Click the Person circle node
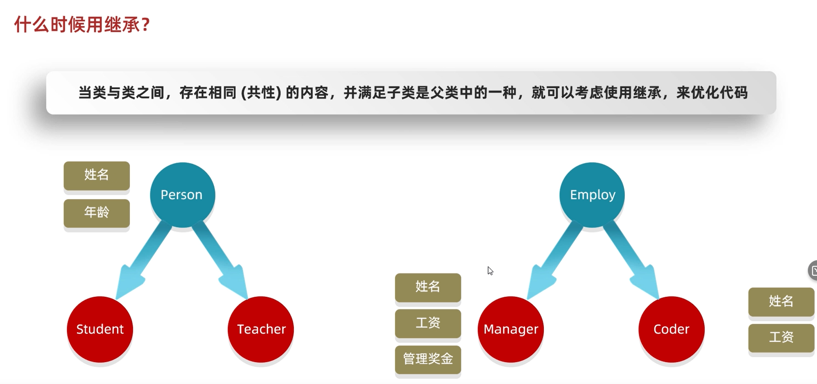coord(182,195)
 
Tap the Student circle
coord(100,329)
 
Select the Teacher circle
coord(261,329)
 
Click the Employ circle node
coord(592,195)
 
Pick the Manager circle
coord(511,329)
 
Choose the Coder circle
coord(671,329)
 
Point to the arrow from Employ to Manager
coord(553,260)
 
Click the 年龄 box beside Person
coord(97,213)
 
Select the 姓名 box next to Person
coord(97,175)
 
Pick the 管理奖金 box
coord(428,359)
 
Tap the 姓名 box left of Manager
coord(428,287)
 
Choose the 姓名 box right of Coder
coord(781,301)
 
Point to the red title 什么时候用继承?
coord(82,25)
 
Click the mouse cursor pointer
coord(490,270)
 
